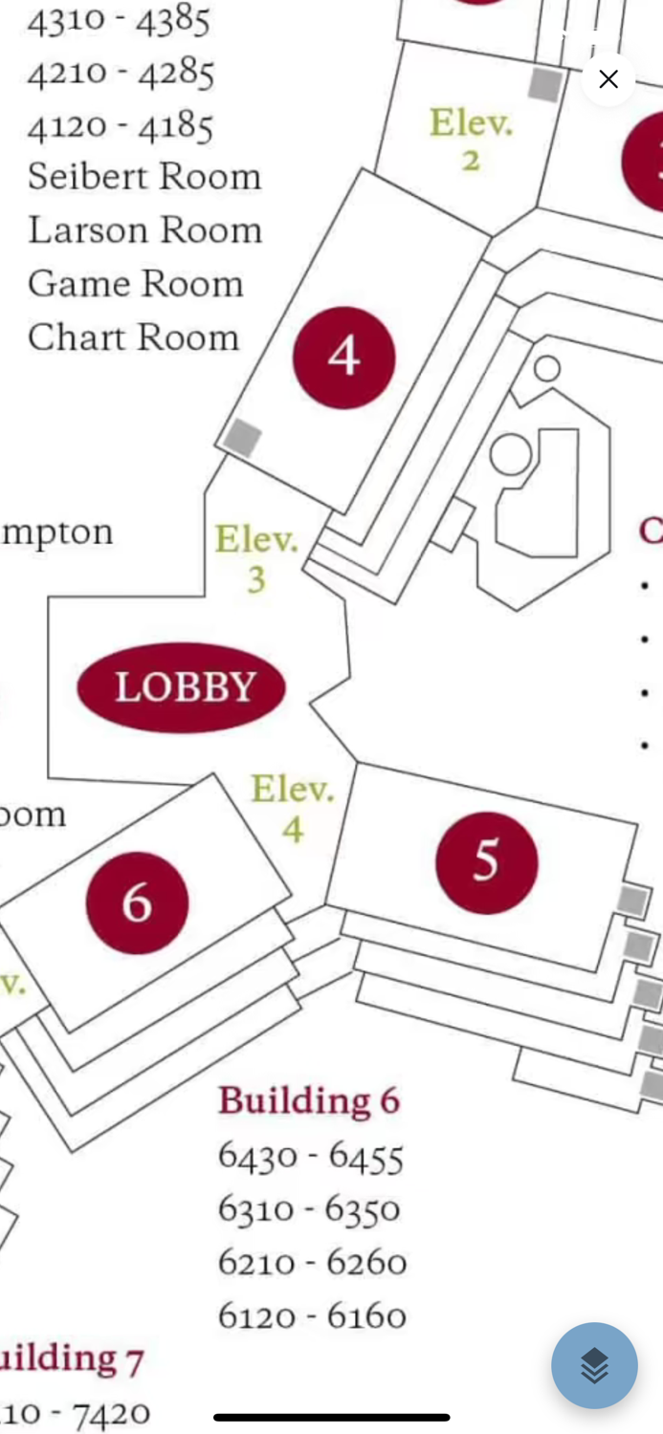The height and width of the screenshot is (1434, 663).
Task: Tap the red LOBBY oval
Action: click(182, 687)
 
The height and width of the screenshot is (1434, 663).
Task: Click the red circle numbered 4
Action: click(343, 357)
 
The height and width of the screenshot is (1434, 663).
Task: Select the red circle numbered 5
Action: click(486, 862)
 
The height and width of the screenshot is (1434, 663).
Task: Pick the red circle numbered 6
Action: click(137, 902)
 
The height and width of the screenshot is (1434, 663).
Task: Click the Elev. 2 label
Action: click(471, 140)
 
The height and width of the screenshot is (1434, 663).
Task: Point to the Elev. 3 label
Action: click(255, 559)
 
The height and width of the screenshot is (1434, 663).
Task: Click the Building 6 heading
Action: click(309, 1100)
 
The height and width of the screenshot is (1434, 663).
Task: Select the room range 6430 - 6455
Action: click(311, 1157)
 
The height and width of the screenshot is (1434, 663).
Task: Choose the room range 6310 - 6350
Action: click(309, 1210)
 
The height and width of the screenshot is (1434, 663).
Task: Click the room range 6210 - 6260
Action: click(312, 1263)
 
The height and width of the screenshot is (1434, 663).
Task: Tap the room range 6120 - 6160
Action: click(312, 1316)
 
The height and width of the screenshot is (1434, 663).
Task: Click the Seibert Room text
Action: click(144, 177)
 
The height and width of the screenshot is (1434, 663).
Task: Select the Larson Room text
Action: click(144, 230)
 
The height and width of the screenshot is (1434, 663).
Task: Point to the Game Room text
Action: click(136, 284)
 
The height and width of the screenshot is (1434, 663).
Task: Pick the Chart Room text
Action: click(133, 337)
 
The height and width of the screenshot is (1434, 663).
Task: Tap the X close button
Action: click(608, 79)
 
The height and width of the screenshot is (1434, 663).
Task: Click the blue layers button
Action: click(594, 1365)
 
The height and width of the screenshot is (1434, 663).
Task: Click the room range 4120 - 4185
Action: click(121, 125)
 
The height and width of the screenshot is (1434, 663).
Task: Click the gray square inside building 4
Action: click(242, 439)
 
